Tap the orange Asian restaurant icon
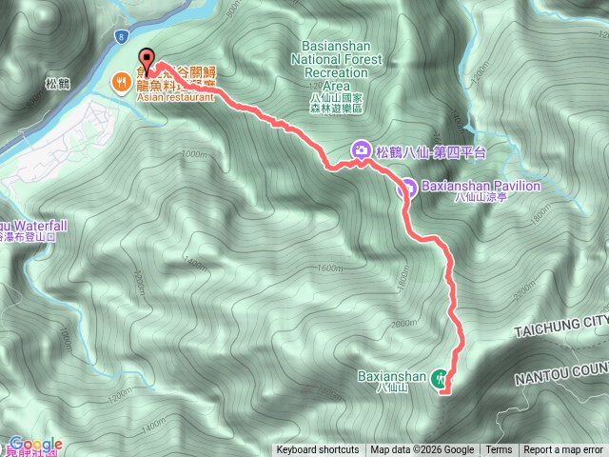point(121,82)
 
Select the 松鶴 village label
point(58,83)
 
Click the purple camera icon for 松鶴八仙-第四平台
point(362,150)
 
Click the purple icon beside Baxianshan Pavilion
point(405,187)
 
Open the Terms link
point(499,450)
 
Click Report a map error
point(563,450)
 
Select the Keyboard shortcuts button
point(318,450)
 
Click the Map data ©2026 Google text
point(422,450)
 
